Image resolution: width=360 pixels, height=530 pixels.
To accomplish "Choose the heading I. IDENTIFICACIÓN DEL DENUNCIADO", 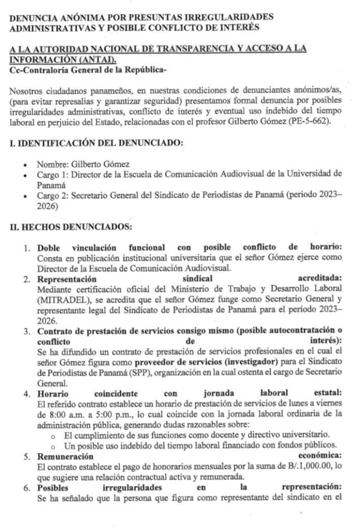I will [x=96, y=143].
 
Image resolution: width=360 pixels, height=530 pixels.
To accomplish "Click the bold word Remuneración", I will [x=65, y=456].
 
